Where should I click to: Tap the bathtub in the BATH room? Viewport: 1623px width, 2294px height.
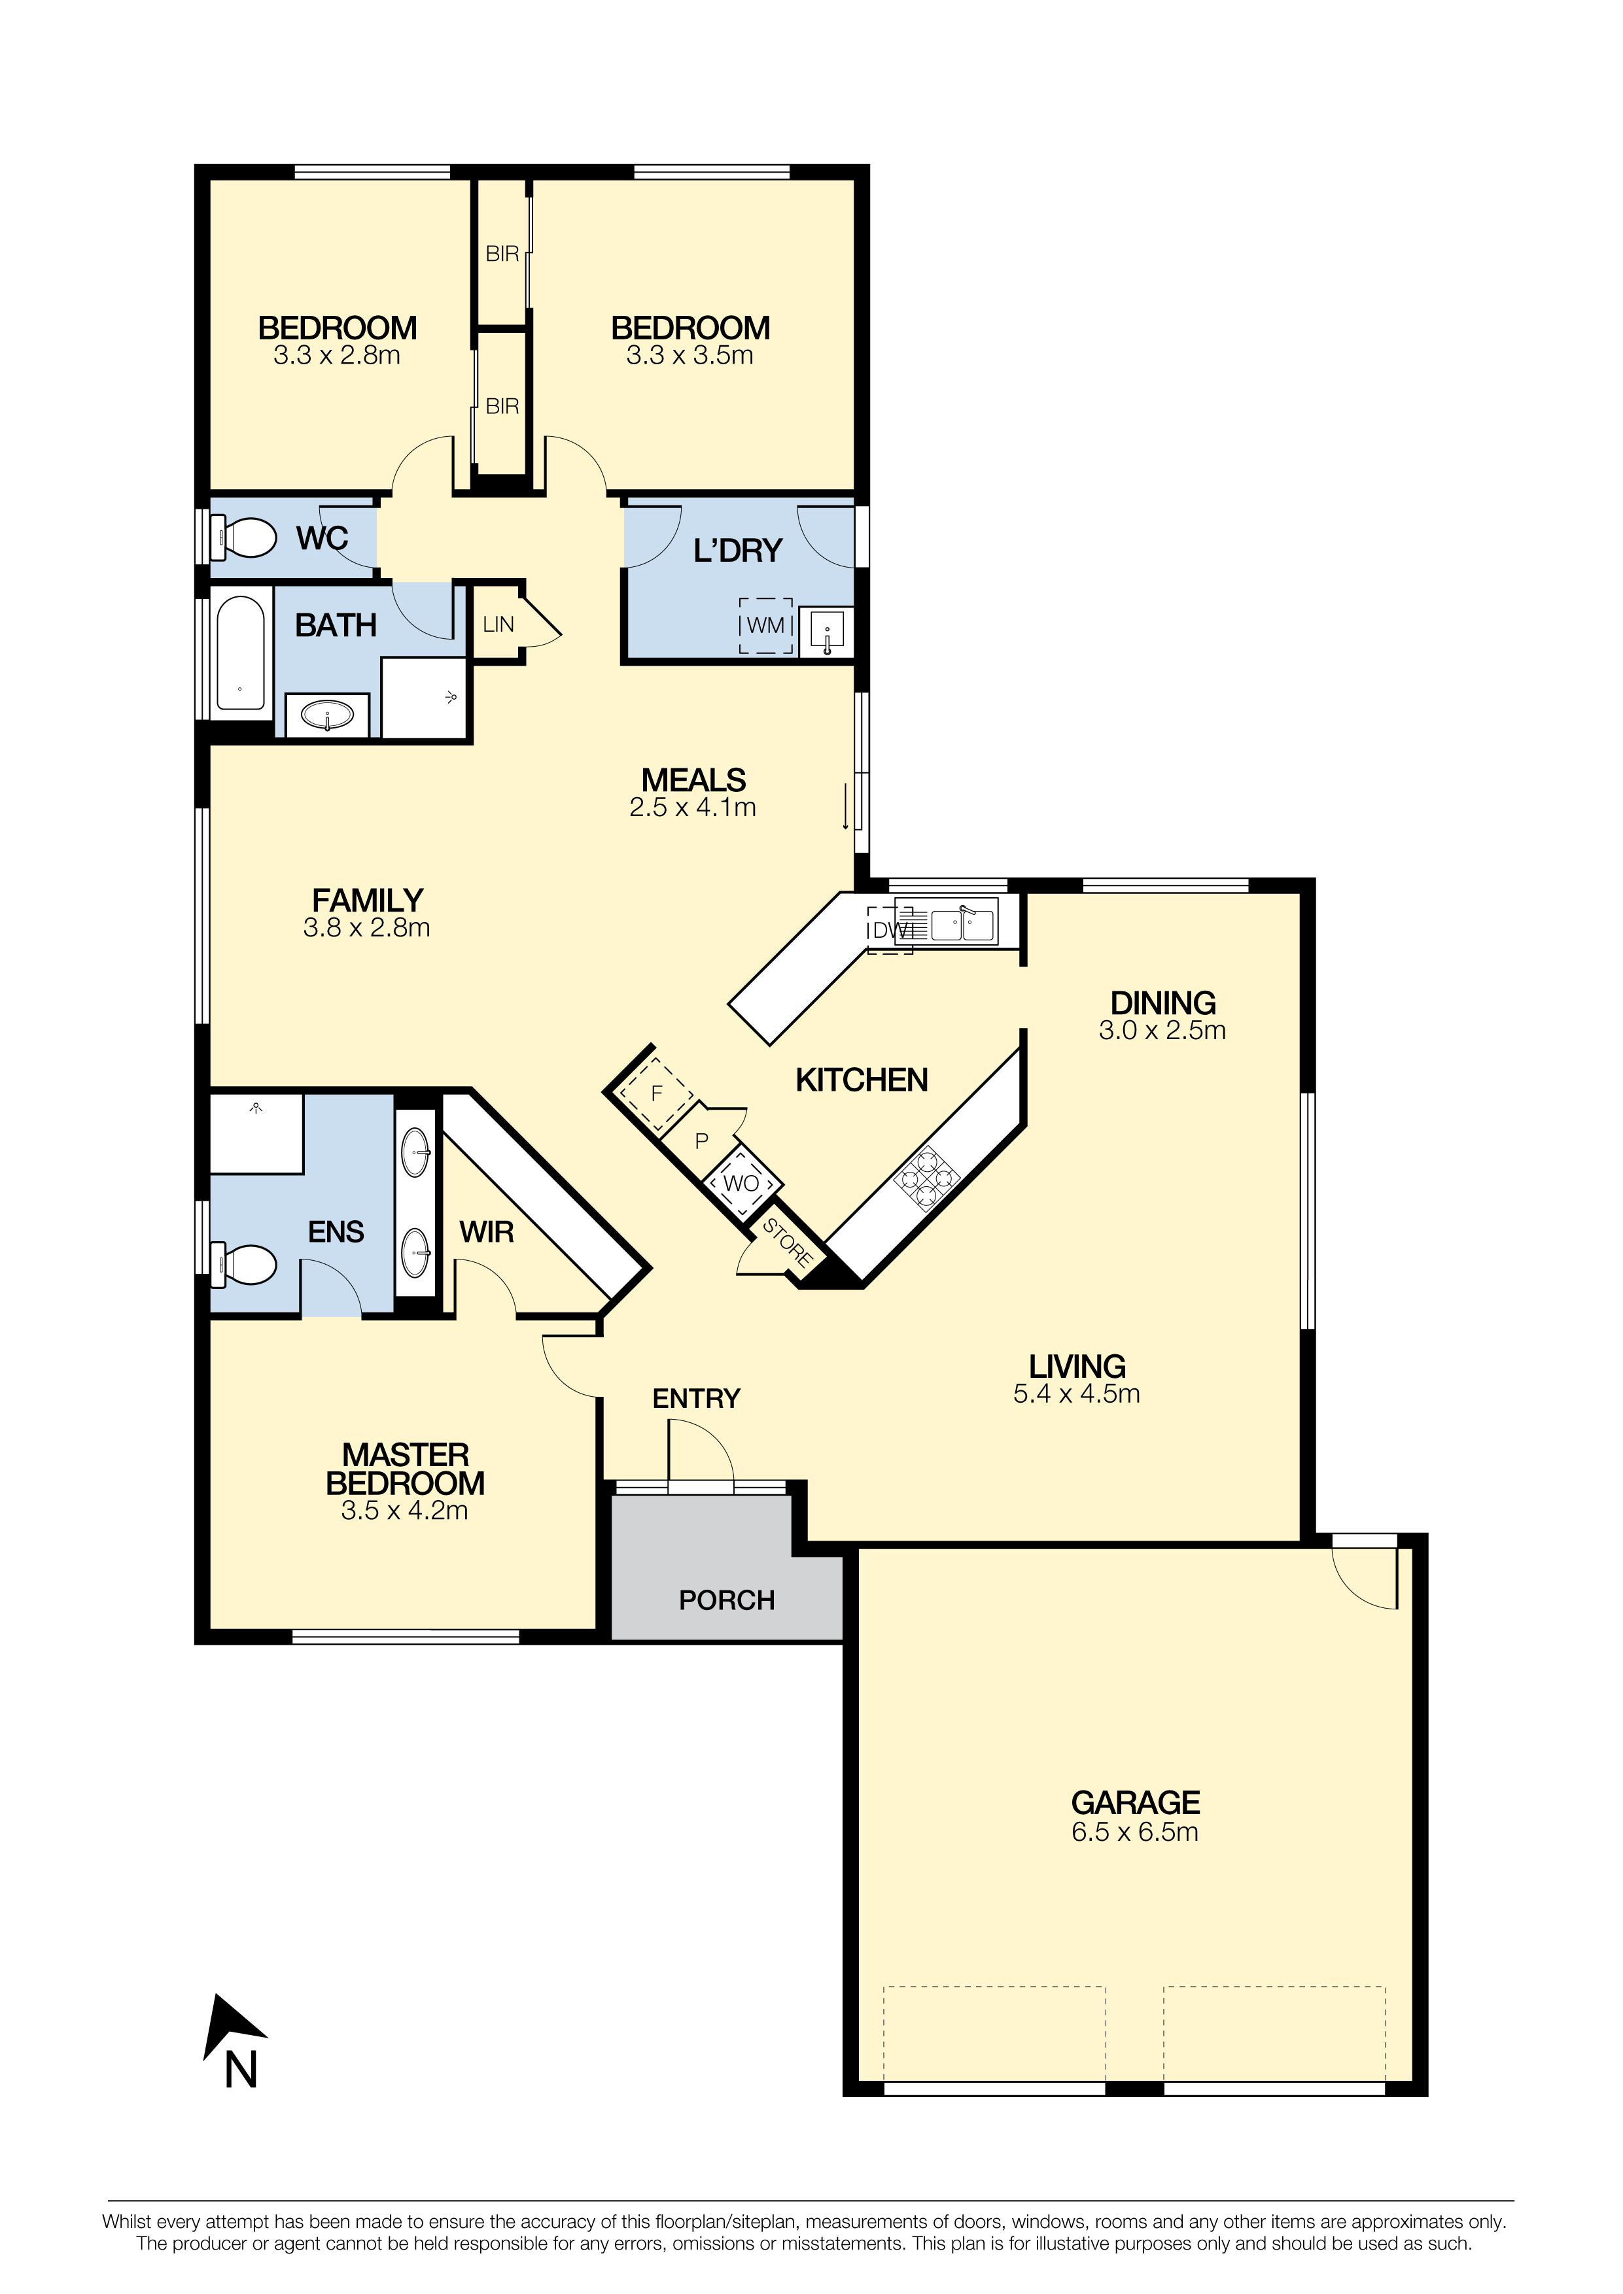241,653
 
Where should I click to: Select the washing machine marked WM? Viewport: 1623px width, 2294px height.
765,625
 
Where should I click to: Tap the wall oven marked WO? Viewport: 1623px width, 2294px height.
741,1183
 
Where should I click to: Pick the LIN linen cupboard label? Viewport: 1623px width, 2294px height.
498,625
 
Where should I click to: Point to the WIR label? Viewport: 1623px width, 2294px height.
487,1232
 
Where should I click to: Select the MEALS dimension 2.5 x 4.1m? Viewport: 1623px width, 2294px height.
693,808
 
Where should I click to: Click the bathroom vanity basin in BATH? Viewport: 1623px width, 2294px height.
327,715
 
